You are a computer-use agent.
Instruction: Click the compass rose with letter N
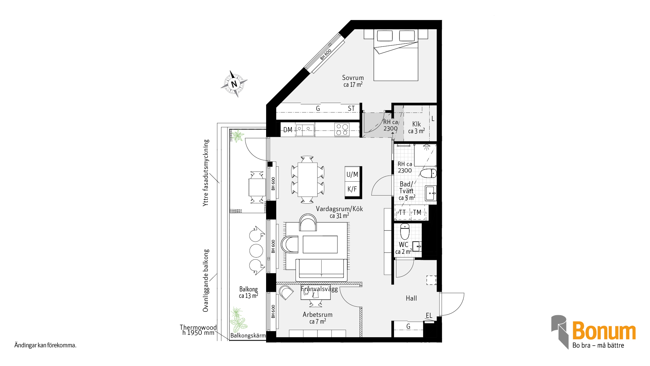pyautogui.click(x=234, y=84)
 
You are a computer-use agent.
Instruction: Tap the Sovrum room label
pyautogui.click(x=353, y=78)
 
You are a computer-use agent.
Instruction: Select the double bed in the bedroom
pyautogui.click(x=396, y=55)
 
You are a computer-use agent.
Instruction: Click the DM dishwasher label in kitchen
pyautogui.click(x=288, y=130)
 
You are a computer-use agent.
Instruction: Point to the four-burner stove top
pyautogui.click(x=342, y=130)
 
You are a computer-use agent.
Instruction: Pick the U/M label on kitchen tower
pyautogui.click(x=352, y=175)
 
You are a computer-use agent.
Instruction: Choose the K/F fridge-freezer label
pyautogui.click(x=352, y=189)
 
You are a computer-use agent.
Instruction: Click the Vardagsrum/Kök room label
pyautogui.click(x=339, y=209)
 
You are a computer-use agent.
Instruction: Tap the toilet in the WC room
pyautogui.click(x=405, y=231)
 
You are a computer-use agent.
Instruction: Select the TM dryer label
pyautogui.click(x=417, y=212)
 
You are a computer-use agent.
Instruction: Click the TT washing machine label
pyautogui.click(x=402, y=212)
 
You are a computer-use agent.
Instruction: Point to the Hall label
pyautogui.click(x=411, y=298)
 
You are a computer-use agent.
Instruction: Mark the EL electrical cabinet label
pyautogui.click(x=429, y=316)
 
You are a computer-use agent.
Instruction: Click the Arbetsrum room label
pyautogui.click(x=318, y=314)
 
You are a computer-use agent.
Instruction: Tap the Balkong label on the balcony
pyautogui.click(x=248, y=289)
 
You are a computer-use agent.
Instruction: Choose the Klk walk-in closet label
pyautogui.click(x=416, y=124)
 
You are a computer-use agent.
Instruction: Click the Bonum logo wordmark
pyautogui.click(x=604, y=331)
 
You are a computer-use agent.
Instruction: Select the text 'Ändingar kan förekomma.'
pyautogui.click(x=45, y=345)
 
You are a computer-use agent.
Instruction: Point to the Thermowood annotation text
pyautogui.click(x=198, y=327)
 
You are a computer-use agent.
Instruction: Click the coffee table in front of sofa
pyautogui.click(x=320, y=244)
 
